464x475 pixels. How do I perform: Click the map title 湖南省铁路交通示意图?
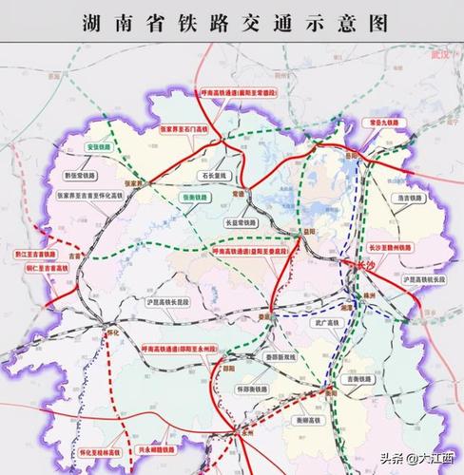(231, 24)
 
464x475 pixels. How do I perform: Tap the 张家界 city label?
(130, 183)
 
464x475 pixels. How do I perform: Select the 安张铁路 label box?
(99, 149)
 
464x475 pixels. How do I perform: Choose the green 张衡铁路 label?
(193, 197)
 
